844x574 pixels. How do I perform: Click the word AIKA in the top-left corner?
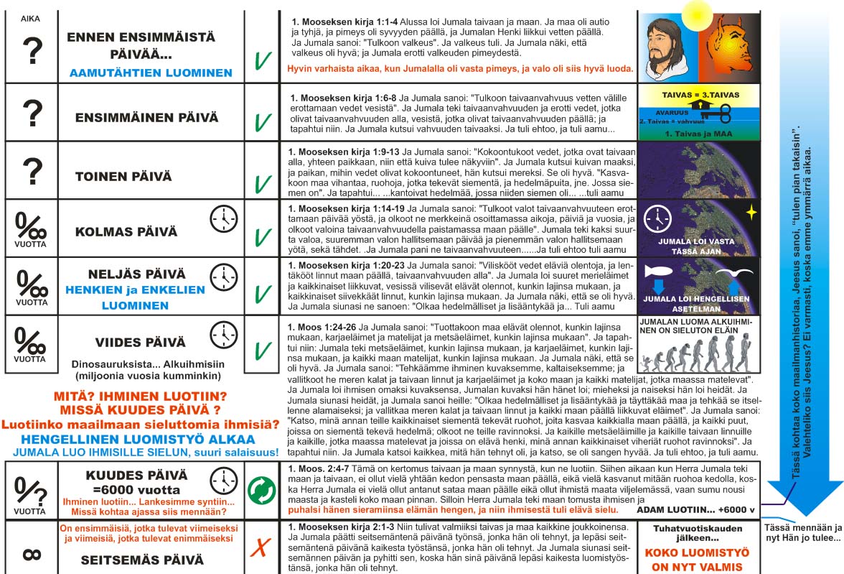coord(30,19)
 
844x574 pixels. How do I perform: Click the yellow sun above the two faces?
coord(695,12)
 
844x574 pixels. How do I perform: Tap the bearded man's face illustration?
coord(664,47)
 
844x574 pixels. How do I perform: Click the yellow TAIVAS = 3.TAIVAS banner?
coord(698,94)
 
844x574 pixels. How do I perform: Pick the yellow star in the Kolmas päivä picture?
coord(751,213)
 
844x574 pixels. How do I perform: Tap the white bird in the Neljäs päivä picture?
coord(738,273)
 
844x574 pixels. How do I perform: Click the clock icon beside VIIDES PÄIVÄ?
coord(223,335)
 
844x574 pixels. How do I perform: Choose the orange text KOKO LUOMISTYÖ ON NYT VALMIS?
coord(698,560)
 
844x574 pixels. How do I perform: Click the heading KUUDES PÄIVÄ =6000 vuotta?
coord(136,482)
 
